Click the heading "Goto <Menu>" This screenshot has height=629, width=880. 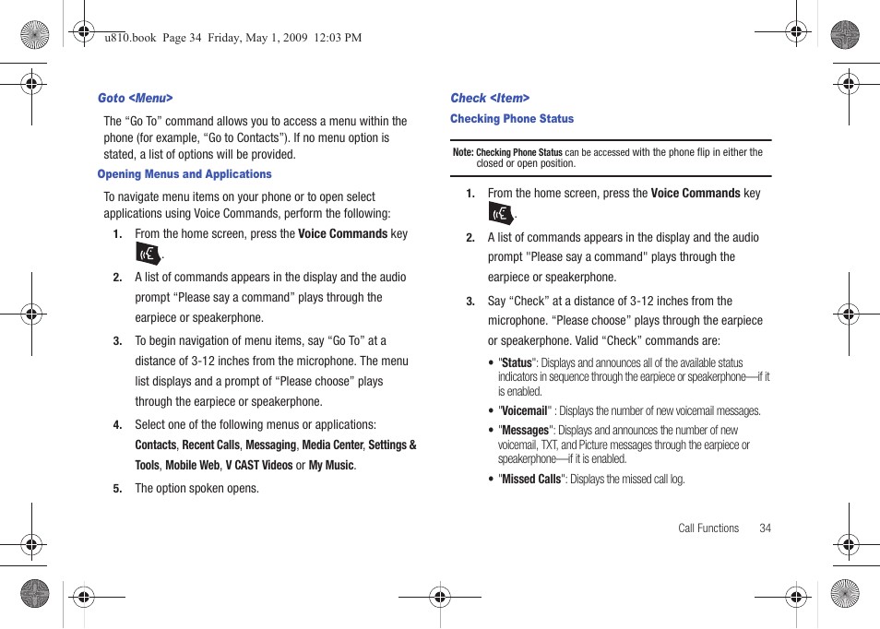[136, 98]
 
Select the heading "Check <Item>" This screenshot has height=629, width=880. [490, 98]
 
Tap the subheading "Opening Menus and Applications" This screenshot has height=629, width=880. [184, 174]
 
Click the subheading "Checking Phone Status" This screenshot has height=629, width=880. [512, 119]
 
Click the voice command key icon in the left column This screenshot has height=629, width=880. [148, 254]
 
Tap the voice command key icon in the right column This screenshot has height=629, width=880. [500, 214]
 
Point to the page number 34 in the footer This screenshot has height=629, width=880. [765, 528]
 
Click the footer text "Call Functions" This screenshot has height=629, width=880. [708, 528]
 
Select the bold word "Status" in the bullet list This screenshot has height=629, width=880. [517, 363]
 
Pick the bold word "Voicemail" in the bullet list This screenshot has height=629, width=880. [524, 411]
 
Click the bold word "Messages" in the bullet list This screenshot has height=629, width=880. [525, 431]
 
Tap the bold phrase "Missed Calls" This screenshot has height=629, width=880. [530, 480]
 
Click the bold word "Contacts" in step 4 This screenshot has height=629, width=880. [155, 445]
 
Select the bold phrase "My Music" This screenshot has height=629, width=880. [331, 466]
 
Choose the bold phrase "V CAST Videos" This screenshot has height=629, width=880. [259, 466]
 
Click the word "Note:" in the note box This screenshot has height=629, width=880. [462, 153]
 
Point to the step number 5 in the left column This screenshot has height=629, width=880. [117, 489]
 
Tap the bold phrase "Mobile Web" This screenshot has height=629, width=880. [193, 466]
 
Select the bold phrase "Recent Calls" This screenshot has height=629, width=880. [210, 445]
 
